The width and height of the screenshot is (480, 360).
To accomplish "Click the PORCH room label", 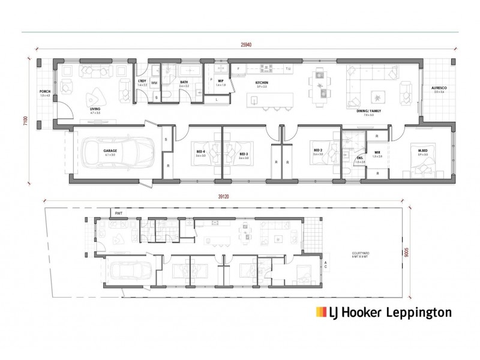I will (x=44, y=92).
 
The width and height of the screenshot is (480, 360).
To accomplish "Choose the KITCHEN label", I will (x=261, y=83).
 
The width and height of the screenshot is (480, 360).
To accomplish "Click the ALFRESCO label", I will (x=439, y=88).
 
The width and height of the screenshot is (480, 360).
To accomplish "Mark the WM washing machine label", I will (x=154, y=83).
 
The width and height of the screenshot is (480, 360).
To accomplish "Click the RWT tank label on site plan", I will (x=119, y=213).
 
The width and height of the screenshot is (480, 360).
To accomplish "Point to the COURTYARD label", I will (x=361, y=254).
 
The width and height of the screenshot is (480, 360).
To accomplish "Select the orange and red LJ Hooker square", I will (x=320, y=312).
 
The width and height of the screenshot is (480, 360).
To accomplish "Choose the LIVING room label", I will (x=78, y=109).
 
